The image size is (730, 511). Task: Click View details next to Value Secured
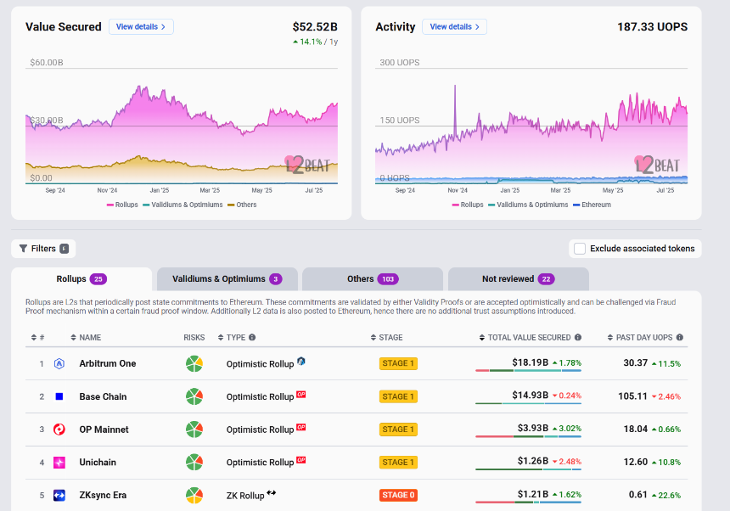(x=141, y=27)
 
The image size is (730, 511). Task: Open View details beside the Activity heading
(x=454, y=27)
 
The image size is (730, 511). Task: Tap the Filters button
(x=43, y=249)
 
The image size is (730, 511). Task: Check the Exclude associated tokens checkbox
(x=580, y=249)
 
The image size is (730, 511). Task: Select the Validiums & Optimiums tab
(x=227, y=278)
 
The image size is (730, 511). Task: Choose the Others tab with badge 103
(x=373, y=278)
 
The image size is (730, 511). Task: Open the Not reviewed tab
(x=518, y=278)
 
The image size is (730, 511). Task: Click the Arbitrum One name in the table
(x=108, y=363)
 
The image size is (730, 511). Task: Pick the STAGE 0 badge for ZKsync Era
(x=398, y=495)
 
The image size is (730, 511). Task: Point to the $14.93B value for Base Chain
(x=531, y=395)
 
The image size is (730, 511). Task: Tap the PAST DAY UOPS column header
(x=645, y=337)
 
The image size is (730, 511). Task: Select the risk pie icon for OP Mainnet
(x=194, y=430)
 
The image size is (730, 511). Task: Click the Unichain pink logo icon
(x=59, y=463)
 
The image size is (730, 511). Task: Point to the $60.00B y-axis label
(x=47, y=62)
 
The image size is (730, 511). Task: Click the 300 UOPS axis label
(x=400, y=62)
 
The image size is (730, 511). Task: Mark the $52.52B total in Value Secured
(x=315, y=27)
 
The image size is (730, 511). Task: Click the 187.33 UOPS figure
(x=652, y=27)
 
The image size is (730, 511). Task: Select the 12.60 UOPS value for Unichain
(x=636, y=462)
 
